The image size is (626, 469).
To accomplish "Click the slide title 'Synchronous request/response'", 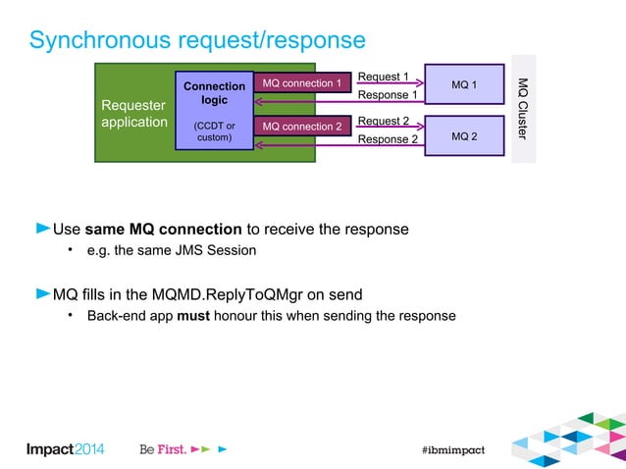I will [x=197, y=40].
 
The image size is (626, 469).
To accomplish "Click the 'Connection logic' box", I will [x=214, y=93].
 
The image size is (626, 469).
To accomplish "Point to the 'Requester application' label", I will [x=134, y=114].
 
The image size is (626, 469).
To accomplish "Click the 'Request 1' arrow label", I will [x=384, y=76].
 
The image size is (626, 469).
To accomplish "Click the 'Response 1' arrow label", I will [x=387, y=95].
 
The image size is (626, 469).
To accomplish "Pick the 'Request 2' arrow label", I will [x=384, y=121].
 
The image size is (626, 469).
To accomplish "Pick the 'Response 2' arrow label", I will [x=387, y=140].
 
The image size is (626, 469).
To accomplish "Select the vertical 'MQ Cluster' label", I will [x=523, y=108].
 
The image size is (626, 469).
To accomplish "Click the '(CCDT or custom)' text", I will [x=214, y=132].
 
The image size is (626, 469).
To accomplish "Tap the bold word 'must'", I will [x=191, y=316].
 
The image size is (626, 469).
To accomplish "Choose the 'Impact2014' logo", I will [x=65, y=448].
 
